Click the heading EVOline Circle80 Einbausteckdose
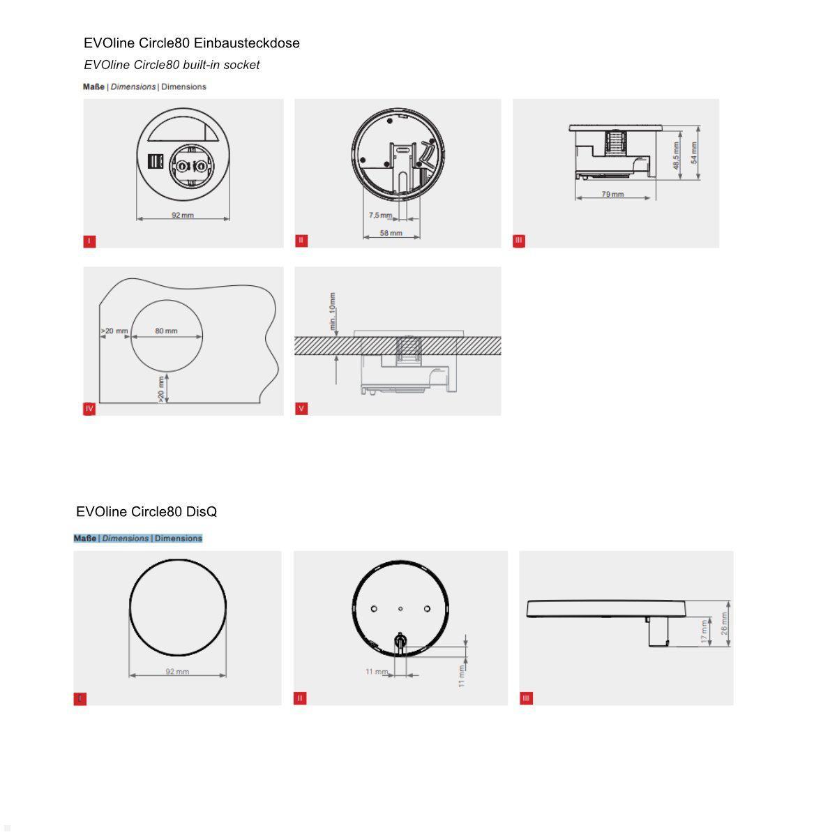pyautogui.click(x=191, y=43)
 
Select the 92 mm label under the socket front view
pyautogui.click(x=183, y=215)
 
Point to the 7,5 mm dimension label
pyautogui.click(x=380, y=215)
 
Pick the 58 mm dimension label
pyautogui.click(x=391, y=233)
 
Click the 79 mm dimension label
pyautogui.click(x=612, y=194)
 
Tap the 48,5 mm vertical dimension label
pyautogui.click(x=676, y=156)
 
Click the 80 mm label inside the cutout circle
pyautogui.click(x=166, y=331)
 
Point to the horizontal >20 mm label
pyautogui.click(x=114, y=331)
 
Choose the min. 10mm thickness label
pyautogui.click(x=333, y=311)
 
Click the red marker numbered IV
pyautogui.click(x=89, y=409)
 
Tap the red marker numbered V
pyautogui.click(x=301, y=409)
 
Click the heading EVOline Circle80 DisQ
pyautogui.click(x=146, y=512)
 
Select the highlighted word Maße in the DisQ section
pyautogui.click(x=85, y=538)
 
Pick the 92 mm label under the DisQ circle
pyautogui.click(x=177, y=672)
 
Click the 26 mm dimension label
pyautogui.click(x=724, y=624)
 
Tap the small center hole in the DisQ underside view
pyautogui.click(x=400, y=609)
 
